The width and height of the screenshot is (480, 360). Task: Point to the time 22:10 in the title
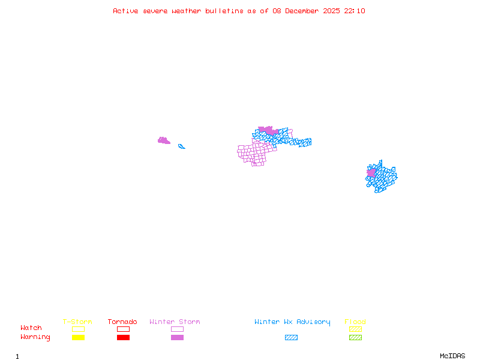356,11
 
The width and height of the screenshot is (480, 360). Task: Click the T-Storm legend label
77,322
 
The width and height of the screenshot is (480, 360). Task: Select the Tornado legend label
122,322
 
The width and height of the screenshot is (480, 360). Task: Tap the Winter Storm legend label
175,322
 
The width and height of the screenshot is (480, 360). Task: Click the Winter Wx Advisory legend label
292,322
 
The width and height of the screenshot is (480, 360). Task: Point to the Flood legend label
355,322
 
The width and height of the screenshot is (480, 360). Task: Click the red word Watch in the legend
31,328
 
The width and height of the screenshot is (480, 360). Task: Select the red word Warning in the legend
35,337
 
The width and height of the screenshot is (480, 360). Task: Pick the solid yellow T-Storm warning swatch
78,337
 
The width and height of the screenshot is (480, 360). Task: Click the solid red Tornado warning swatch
123,337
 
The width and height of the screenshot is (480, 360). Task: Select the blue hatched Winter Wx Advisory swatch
291,337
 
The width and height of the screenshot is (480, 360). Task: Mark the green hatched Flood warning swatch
355,337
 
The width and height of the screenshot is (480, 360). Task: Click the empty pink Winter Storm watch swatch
177,329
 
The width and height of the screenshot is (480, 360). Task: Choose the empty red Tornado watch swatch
123,329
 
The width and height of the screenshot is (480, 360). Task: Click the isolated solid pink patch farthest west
163,141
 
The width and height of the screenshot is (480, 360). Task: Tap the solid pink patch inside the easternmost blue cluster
371,173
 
